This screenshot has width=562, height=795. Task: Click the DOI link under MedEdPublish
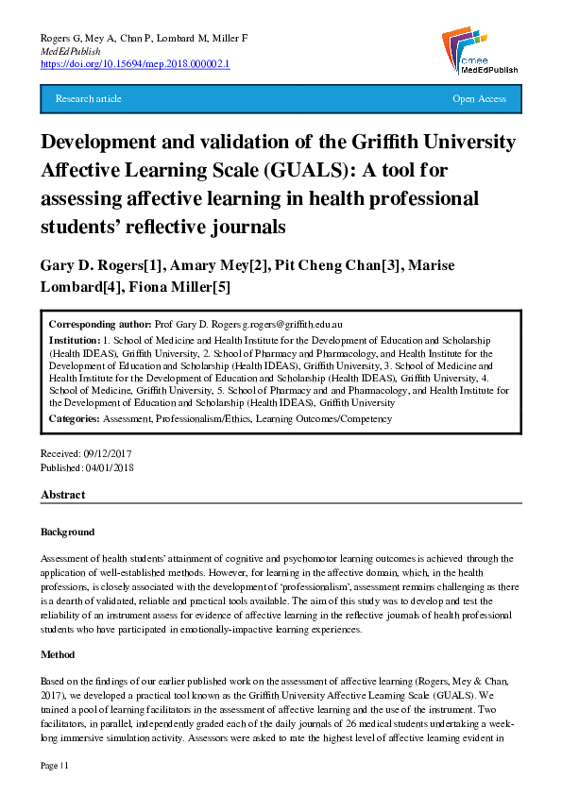136,64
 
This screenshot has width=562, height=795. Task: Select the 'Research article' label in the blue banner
89,99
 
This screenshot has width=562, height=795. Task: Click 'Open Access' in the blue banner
479,99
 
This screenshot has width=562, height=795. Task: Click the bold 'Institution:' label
75,339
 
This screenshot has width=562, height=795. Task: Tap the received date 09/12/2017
107,454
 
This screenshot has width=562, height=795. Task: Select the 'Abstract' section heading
62,495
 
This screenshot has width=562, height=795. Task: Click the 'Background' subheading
67,532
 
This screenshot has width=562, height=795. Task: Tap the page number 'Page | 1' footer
56,764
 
